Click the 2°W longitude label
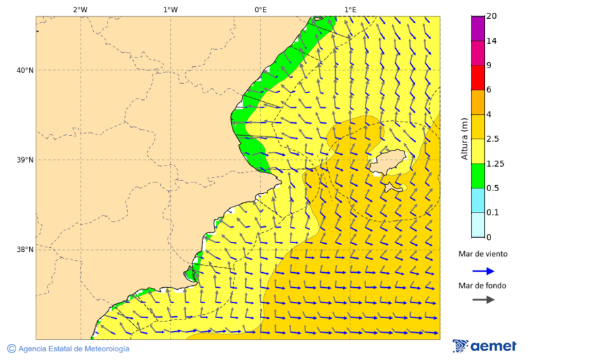click(80, 9)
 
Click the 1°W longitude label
click(170, 9)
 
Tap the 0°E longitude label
click(260, 9)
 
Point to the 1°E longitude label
click(351, 9)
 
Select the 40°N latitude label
click(25, 70)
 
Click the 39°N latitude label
click(25, 160)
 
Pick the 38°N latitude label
click(25, 250)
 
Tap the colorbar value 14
click(492, 41)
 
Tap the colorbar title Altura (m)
click(464, 138)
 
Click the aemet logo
click(484, 346)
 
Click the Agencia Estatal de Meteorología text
click(73, 349)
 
